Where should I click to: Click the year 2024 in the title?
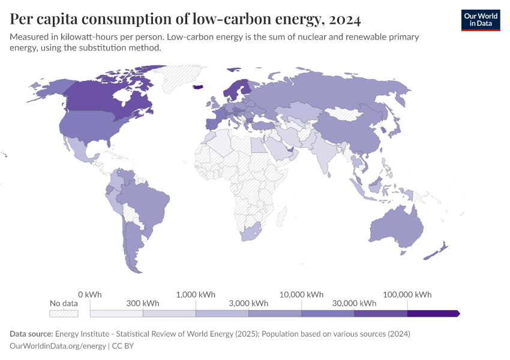click(344, 19)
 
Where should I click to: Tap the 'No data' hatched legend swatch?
click(64, 313)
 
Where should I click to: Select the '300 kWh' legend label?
click(143, 304)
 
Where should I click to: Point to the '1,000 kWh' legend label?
click(196, 295)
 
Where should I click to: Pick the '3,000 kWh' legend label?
click(248, 304)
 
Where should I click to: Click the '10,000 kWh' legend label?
click(301, 295)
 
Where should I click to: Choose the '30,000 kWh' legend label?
click(354, 304)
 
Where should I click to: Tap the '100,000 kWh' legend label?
click(407, 295)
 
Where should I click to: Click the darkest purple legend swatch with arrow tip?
click(433, 313)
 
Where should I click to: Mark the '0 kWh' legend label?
click(90, 295)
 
